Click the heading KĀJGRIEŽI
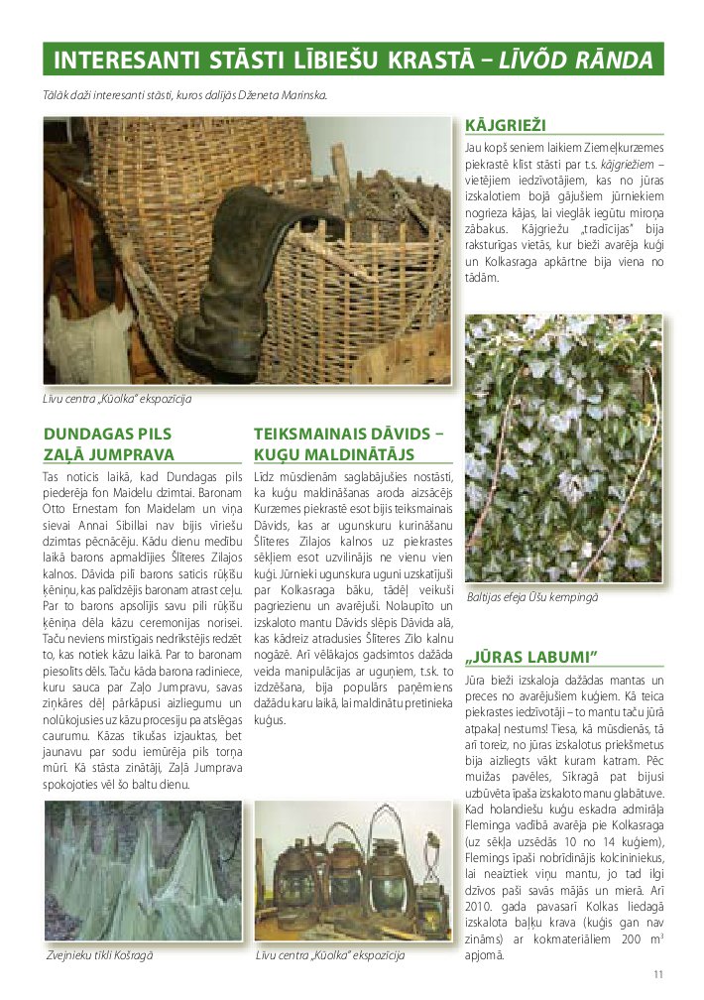pos(507,126)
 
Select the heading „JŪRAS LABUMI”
pos(530,657)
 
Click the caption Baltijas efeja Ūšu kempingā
pos(532,597)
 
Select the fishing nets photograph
pos(143,873)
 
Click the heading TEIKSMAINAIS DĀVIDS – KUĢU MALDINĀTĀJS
pos(348,443)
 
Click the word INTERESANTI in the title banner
pos(110,61)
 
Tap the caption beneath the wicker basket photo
pos(116,399)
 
